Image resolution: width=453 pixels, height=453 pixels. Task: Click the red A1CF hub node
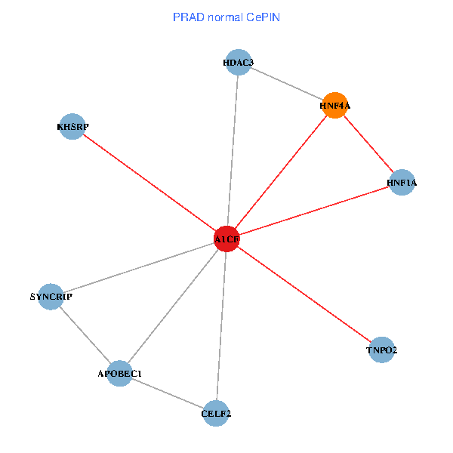[x=226, y=239]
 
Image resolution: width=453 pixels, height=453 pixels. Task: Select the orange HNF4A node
[x=334, y=106]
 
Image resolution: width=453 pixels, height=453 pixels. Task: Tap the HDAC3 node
[x=239, y=63]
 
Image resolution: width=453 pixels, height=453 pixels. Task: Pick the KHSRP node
[x=72, y=127]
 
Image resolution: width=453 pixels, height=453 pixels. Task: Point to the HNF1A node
[x=402, y=182]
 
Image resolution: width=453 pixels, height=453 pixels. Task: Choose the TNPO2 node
[x=382, y=350]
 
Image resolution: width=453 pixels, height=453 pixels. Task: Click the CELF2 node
[x=216, y=413]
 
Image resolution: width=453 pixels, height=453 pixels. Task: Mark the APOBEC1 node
[x=120, y=373]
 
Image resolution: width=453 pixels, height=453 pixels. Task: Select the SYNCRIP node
[x=51, y=297]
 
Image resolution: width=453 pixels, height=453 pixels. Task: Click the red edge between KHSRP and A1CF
[x=149, y=183]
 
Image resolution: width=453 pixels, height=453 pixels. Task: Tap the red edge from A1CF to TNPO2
[x=304, y=294]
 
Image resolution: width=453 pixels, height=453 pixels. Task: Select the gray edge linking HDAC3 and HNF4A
[x=287, y=84]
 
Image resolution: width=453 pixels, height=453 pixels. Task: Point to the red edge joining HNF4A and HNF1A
[x=368, y=144]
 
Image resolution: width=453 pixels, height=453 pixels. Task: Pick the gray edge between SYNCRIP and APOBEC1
[x=85, y=334]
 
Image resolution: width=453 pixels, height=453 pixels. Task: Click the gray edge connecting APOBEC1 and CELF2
[x=168, y=393]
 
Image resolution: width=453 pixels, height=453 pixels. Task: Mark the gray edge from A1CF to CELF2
[x=221, y=325]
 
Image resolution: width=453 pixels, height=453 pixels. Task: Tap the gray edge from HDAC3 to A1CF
[x=233, y=151]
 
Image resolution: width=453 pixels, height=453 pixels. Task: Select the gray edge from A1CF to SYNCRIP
[x=138, y=267]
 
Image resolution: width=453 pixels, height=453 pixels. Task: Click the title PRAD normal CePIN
[x=226, y=17]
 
